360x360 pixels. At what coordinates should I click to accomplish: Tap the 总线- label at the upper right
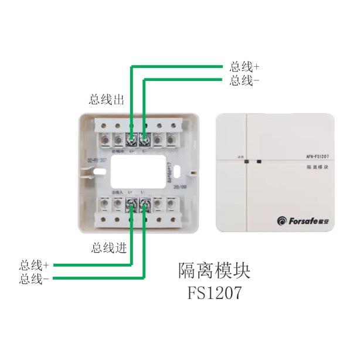(244, 80)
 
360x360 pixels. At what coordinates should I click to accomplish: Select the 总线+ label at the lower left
(33, 265)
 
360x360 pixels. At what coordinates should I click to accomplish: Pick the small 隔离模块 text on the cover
(304, 168)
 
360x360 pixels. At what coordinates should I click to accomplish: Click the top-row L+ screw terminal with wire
(131, 140)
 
